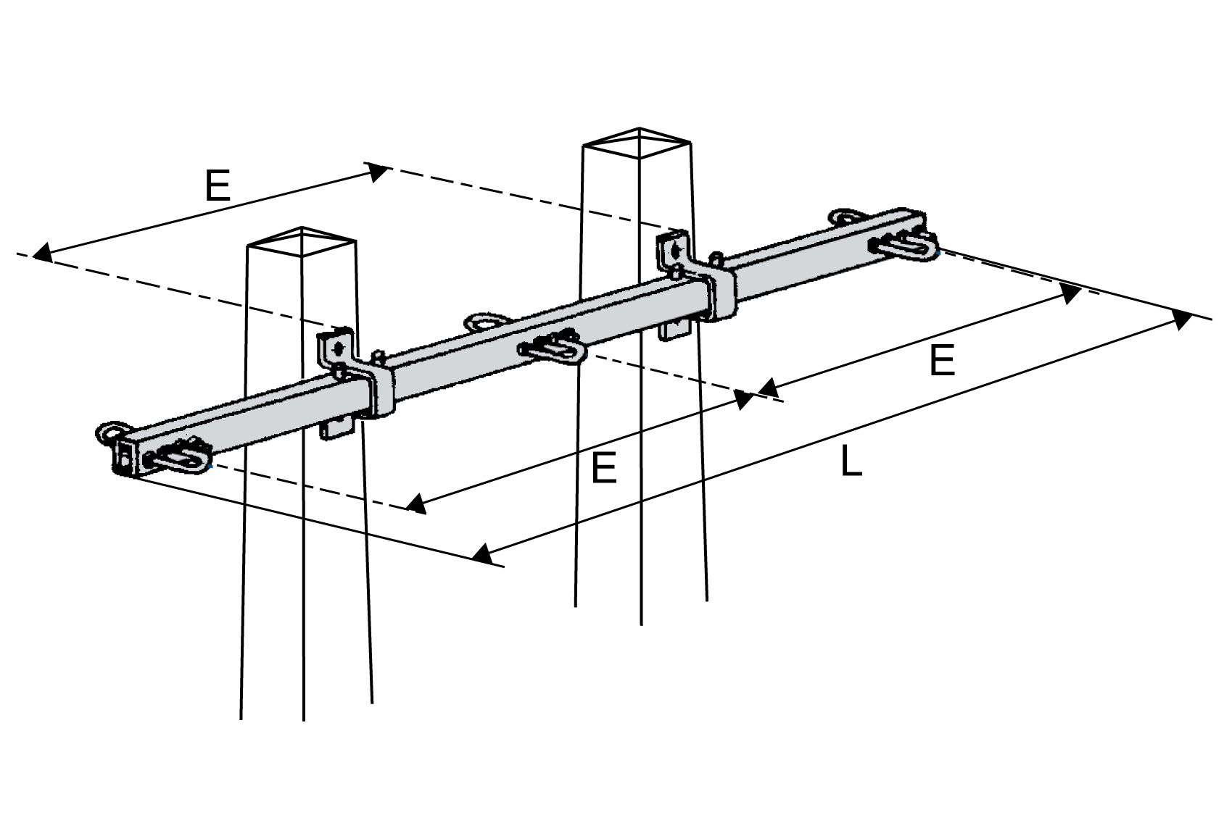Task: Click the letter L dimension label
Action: tap(851, 462)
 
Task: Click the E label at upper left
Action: tap(217, 186)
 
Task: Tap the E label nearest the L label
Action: tap(942, 360)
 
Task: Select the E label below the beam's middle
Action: tap(603, 467)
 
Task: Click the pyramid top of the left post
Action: tap(302, 242)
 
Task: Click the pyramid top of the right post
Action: tap(638, 143)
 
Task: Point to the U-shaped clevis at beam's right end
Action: tap(906, 246)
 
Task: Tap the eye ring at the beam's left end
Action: tap(109, 432)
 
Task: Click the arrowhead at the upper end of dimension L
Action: tap(1182, 319)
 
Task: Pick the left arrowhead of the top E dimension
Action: tap(42, 253)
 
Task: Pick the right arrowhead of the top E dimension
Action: tap(377, 171)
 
